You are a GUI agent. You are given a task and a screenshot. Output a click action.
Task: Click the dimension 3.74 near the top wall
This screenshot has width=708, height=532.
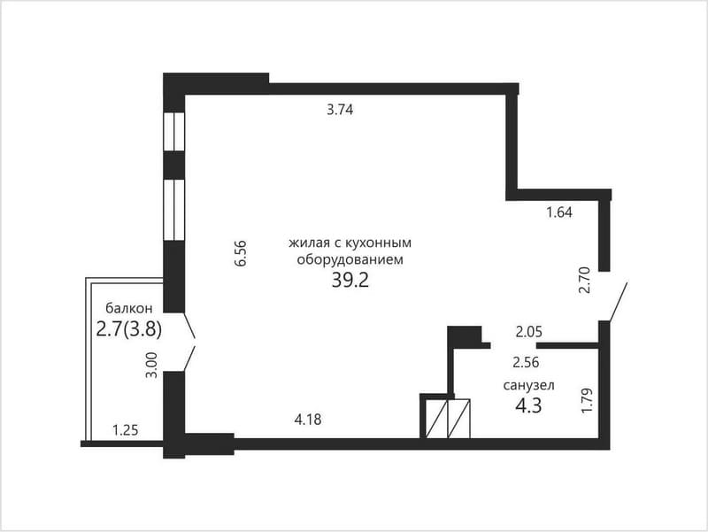coord(340,110)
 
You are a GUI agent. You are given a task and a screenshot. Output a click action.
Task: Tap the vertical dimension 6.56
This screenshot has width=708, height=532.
coord(241,253)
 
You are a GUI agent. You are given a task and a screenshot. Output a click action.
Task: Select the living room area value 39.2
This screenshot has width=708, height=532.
coord(350,281)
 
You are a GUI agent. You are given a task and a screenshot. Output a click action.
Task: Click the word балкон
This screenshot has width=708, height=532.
coord(129,308)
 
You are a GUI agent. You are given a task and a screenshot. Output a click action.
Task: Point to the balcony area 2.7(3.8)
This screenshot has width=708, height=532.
coord(129,329)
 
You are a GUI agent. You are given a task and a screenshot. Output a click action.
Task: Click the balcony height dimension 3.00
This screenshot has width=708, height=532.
coord(152,365)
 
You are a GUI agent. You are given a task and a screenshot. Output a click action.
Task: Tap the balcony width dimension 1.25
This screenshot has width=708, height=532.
coord(125,430)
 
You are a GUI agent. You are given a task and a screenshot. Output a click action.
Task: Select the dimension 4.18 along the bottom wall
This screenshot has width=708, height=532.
coord(308,420)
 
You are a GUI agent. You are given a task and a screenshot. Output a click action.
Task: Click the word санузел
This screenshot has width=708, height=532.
coord(528,385)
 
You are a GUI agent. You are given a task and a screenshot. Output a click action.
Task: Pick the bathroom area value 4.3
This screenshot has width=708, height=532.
coord(528,405)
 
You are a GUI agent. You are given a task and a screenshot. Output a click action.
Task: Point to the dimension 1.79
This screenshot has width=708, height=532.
coord(587,400)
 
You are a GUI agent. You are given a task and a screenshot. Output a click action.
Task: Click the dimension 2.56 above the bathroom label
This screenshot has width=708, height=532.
coord(526,362)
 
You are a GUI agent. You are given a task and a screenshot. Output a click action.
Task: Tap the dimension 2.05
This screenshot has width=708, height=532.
coord(528,332)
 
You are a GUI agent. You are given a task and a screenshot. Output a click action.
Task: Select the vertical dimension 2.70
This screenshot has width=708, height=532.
coord(585,280)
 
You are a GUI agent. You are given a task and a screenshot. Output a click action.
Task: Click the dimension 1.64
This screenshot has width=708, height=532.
coord(559,212)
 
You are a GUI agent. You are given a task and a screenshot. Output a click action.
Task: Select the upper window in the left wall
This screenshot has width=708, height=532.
coord(173,131)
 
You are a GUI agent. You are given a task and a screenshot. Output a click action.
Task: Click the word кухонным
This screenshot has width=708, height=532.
coord(379,243)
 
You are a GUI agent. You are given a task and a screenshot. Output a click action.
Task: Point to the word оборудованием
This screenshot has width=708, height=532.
coord(350,260)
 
